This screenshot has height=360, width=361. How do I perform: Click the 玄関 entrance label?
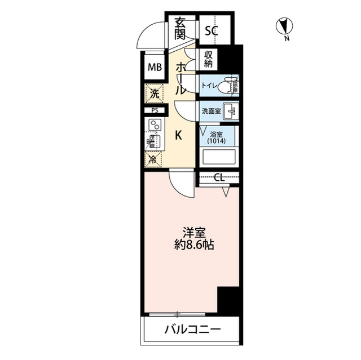tap(180, 29)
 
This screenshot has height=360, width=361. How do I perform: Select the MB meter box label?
tap(155, 67)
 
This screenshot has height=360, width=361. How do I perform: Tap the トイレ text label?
tap(209, 86)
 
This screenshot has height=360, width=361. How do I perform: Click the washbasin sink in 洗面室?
tap(231, 111)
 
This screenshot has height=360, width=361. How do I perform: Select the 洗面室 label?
tap(212, 111)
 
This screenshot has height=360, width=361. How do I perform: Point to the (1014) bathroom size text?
tap(216, 140)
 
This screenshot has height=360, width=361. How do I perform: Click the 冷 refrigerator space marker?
tap(153, 159)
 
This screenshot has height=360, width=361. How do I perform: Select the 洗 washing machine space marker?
tap(154, 94)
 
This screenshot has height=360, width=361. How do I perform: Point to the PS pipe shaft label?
tap(155, 110)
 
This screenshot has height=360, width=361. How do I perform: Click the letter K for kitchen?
tap(179, 136)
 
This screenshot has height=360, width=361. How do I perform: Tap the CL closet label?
tap(219, 177)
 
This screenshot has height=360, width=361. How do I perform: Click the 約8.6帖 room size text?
tap(194, 245)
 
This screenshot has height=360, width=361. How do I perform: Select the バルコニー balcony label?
tap(192, 330)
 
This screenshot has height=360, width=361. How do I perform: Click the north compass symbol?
tap(284, 26)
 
